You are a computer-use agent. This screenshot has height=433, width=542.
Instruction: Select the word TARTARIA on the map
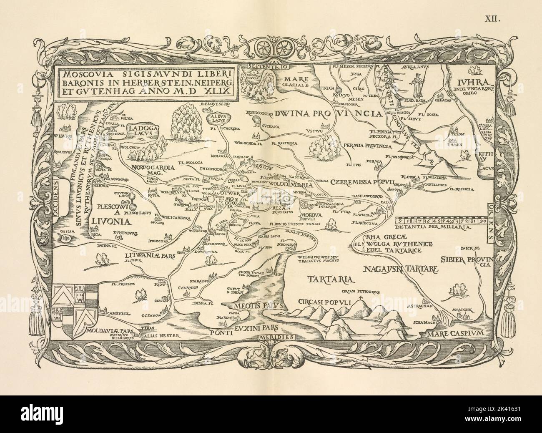[329, 279]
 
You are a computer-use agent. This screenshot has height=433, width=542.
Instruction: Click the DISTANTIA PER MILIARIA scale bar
[440, 221]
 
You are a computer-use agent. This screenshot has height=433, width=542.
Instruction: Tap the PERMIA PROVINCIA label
[367, 146]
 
